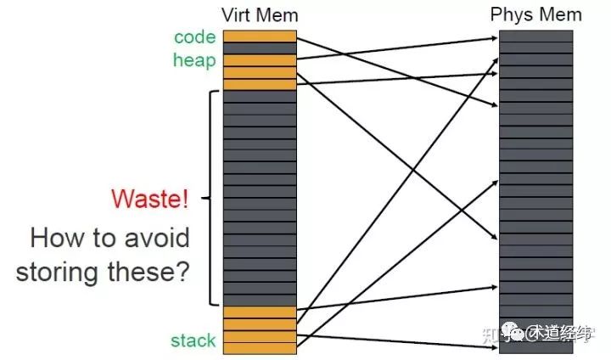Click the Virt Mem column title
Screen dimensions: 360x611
click(x=260, y=15)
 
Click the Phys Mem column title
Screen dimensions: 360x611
click(x=536, y=15)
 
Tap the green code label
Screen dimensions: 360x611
click(x=195, y=37)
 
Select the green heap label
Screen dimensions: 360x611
click(x=194, y=60)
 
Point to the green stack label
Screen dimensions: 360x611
click(x=193, y=341)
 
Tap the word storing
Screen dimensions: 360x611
click(x=64, y=273)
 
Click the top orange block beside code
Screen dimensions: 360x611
click(x=260, y=37)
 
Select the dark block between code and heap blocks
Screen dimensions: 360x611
click(x=260, y=48)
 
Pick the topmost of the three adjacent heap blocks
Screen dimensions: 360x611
click(x=260, y=60)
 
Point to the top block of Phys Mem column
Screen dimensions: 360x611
click(x=535, y=37)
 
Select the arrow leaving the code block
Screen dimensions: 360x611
click(x=399, y=73)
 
